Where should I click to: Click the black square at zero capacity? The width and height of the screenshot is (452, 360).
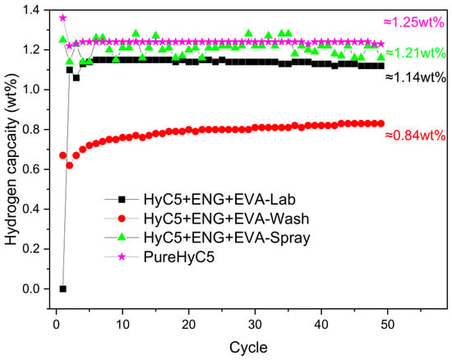[62, 288]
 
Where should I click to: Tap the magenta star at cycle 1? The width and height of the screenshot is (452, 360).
[62, 18]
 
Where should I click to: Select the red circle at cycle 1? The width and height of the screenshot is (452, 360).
[62, 155]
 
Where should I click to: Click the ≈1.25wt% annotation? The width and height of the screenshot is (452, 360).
[413, 22]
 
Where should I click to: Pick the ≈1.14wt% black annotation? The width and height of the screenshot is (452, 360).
[416, 77]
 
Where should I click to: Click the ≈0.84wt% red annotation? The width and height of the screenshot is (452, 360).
[415, 135]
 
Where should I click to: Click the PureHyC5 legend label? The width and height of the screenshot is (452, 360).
[179, 256]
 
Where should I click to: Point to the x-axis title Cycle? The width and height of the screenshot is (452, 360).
[248, 348]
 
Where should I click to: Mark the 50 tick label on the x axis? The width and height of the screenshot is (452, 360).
[387, 325]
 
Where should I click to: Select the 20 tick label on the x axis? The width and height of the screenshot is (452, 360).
[188, 325]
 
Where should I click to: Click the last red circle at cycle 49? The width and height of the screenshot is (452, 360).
[381, 123]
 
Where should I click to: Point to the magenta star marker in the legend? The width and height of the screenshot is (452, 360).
[122, 256]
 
